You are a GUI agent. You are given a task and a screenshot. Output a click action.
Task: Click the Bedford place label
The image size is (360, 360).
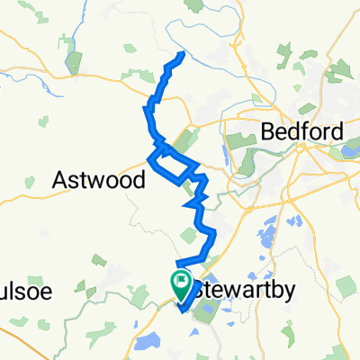point(302,131)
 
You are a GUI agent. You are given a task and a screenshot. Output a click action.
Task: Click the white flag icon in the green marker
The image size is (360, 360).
point(181,286)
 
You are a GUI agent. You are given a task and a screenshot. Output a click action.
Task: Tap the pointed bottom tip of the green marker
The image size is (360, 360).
point(181,301)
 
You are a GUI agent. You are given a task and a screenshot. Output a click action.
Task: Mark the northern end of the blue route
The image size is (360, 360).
point(184,54)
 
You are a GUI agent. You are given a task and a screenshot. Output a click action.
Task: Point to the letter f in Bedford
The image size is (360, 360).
point(309,131)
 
